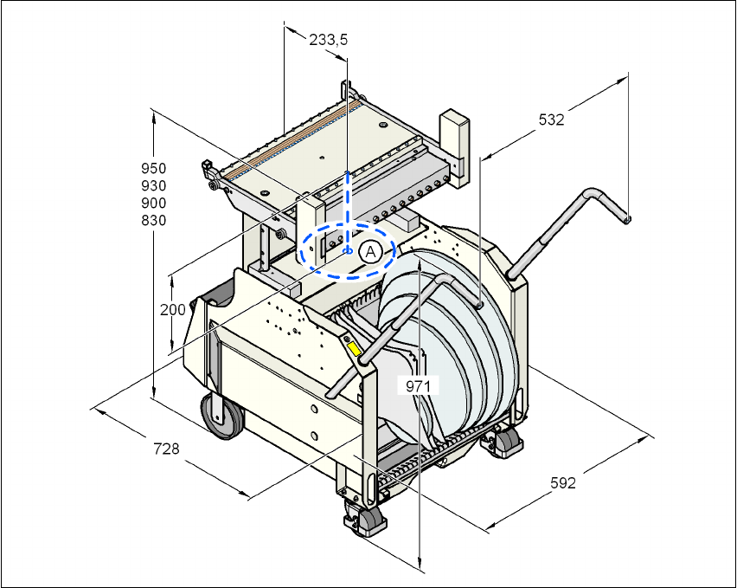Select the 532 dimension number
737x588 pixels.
pyautogui.click(x=551, y=120)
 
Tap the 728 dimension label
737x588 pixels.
pyautogui.click(x=166, y=449)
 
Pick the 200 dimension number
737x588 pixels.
pyautogui.click(x=172, y=309)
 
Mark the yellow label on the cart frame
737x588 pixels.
pyautogui.click(x=354, y=349)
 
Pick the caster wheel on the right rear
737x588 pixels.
pyautogui.click(x=506, y=443)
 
